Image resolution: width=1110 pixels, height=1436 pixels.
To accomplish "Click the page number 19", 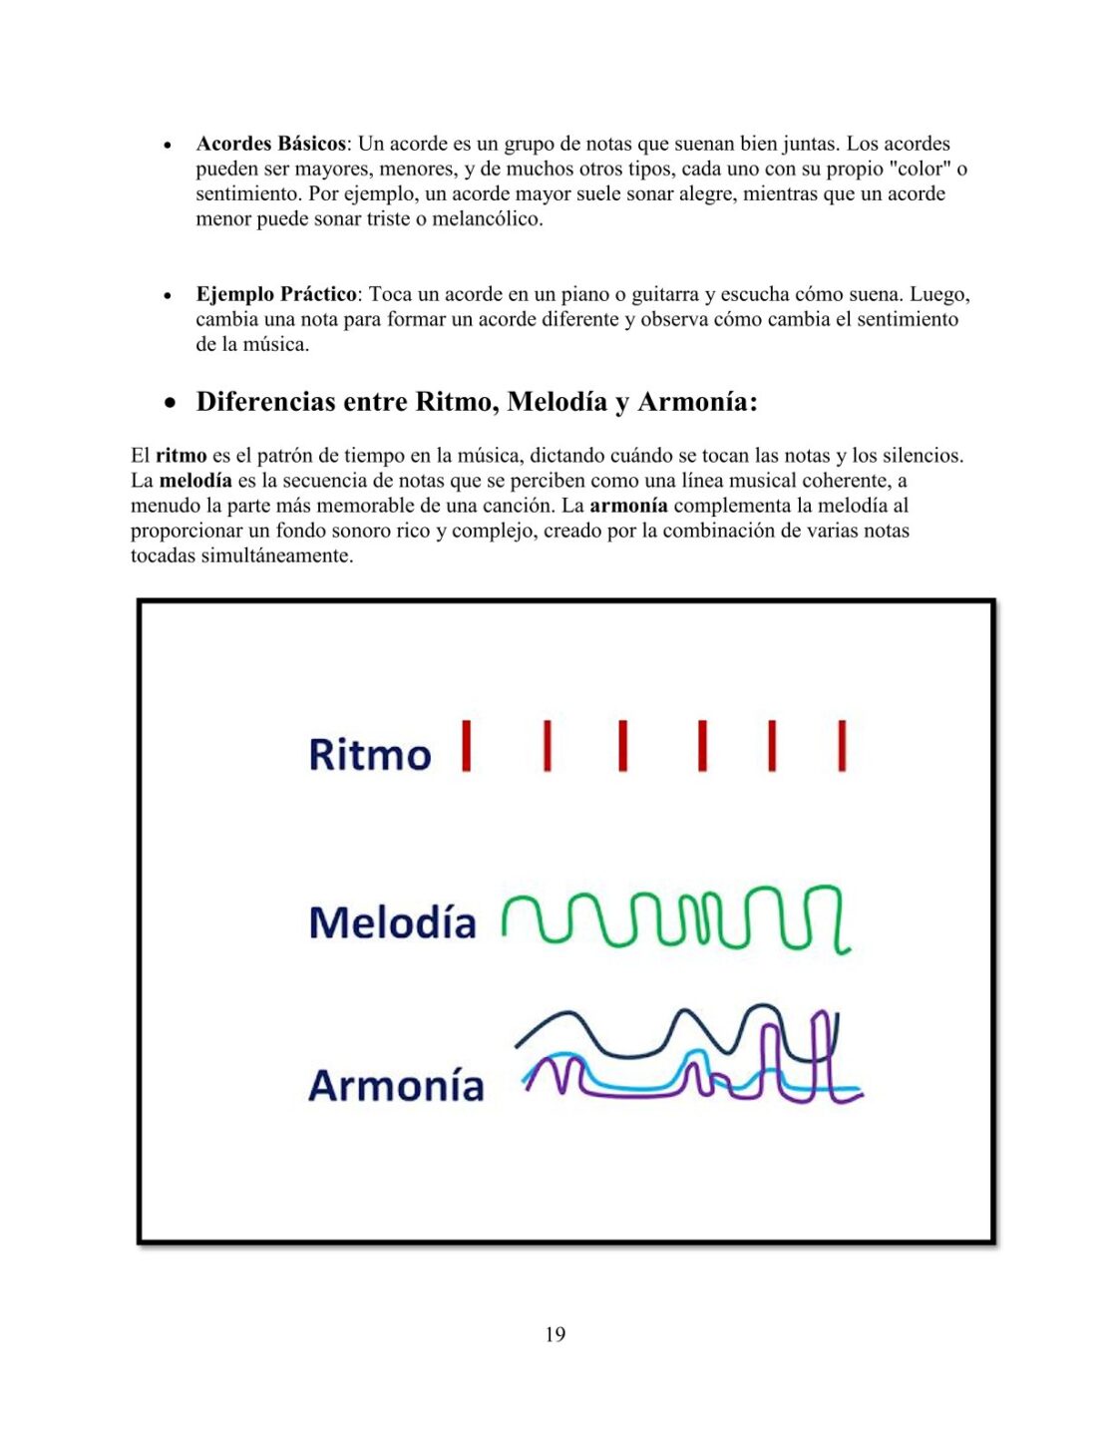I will pyautogui.click(x=555, y=1334).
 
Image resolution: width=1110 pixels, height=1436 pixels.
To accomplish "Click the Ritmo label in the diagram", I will pyautogui.click(x=370, y=754).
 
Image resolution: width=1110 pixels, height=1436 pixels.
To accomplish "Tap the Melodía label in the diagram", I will pyautogui.click(x=392, y=922).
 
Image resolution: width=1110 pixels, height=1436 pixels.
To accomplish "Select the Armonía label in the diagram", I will pyautogui.click(x=396, y=1085).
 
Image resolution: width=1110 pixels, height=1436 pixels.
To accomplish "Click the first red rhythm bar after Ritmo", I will pyautogui.click(x=466, y=746).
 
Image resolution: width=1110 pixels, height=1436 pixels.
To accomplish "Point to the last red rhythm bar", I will pyautogui.click(x=842, y=746).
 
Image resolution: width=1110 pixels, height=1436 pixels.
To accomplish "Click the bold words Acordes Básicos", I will pyautogui.click(x=270, y=144).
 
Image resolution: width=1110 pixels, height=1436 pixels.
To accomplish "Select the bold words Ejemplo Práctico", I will pyautogui.click(x=276, y=294).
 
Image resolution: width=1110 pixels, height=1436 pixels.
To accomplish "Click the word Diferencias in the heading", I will pyautogui.click(x=265, y=402).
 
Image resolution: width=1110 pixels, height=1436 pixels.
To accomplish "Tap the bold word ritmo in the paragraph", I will pyautogui.click(x=182, y=456).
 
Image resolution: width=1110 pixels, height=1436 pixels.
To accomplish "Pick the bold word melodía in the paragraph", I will pyautogui.click(x=195, y=481).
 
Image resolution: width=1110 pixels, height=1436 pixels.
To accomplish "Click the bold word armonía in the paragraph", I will pyautogui.click(x=628, y=506).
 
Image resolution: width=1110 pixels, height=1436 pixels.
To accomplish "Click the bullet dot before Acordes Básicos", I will pyautogui.click(x=169, y=146).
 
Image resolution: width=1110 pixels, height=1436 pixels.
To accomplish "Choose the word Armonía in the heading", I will pyautogui.click(x=696, y=402).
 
